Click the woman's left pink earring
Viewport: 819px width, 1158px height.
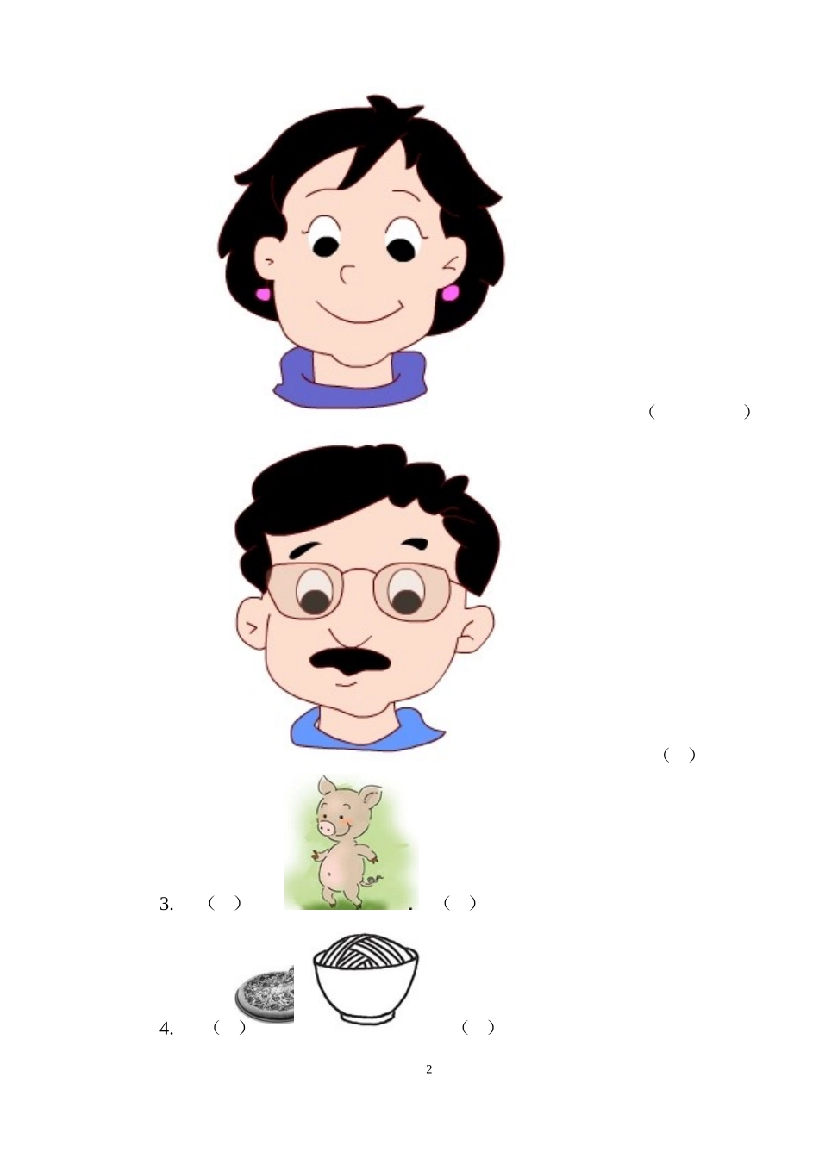click(262, 294)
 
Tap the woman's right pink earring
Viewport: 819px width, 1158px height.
click(451, 293)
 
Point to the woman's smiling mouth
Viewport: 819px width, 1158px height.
click(359, 309)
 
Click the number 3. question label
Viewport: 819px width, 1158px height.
click(166, 904)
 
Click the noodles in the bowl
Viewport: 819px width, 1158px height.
click(366, 952)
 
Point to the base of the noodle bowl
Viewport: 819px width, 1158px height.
click(366, 1018)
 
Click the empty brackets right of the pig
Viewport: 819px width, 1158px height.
click(460, 903)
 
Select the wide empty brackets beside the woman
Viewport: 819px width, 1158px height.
click(699, 412)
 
